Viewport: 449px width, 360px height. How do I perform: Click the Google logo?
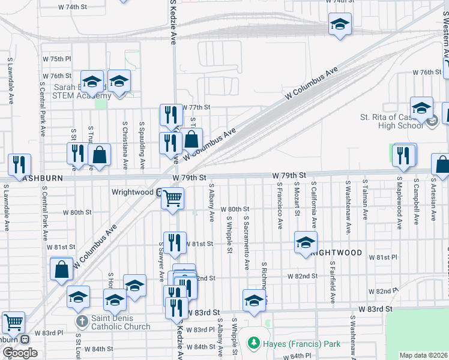(20, 353)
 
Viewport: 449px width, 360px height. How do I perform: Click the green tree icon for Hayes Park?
(254, 343)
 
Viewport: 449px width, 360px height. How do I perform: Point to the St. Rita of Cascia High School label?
(392, 121)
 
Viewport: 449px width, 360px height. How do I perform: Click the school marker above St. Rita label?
(422, 107)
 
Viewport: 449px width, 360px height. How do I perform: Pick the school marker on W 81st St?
(306, 242)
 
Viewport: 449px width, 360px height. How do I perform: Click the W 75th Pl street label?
(61, 59)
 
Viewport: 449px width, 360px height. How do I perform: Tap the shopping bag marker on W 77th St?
(191, 139)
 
